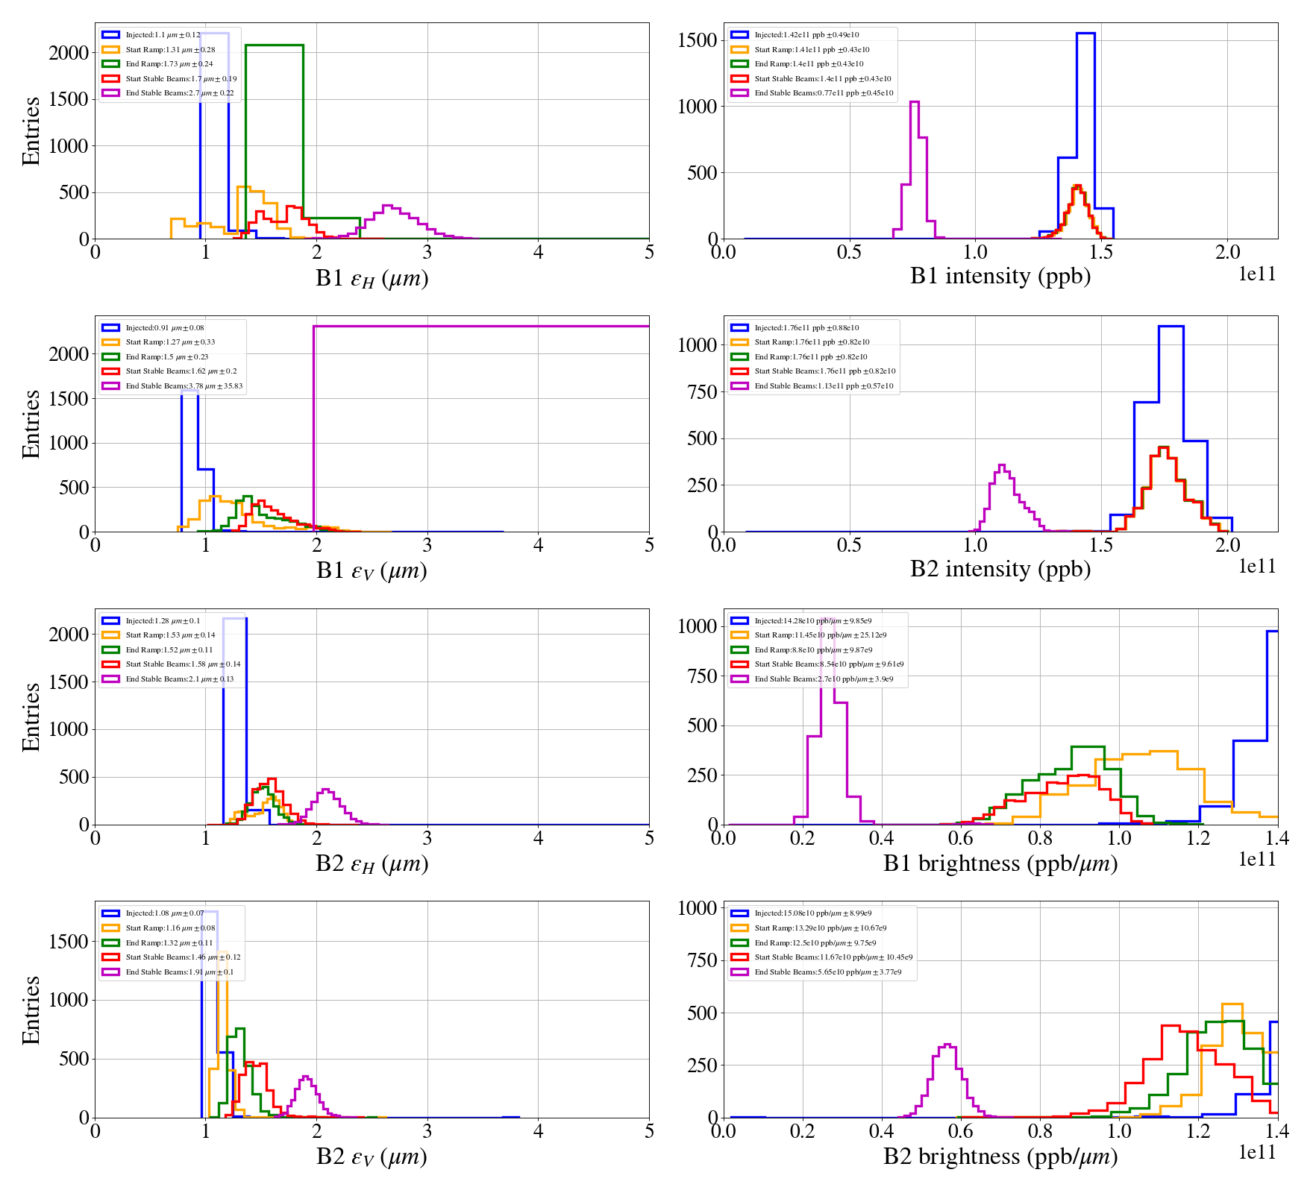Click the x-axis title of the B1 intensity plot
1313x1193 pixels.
click(x=1000, y=277)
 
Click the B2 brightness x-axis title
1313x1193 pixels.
click(x=1000, y=1156)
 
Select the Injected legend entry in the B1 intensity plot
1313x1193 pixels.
click(x=806, y=35)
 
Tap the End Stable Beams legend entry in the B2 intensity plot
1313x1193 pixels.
click(x=823, y=386)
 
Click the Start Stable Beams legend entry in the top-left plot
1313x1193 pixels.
click(x=181, y=79)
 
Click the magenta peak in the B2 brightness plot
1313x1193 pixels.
click(x=947, y=1045)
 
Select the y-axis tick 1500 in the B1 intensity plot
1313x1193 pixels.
click(x=697, y=40)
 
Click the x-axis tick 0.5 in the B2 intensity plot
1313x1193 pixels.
click(x=849, y=546)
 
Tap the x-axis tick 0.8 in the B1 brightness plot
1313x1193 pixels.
click(x=1040, y=839)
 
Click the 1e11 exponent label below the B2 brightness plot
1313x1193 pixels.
click(x=1257, y=1153)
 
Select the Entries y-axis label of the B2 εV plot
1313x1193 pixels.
click(x=31, y=1010)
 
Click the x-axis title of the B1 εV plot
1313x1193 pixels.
click(x=372, y=571)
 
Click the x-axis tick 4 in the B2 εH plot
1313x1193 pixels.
click(x=538, y=839)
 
